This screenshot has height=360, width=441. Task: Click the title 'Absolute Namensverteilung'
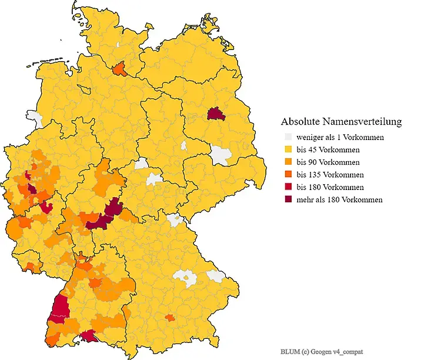pos(341,122)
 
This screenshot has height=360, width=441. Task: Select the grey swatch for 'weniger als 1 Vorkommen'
pos(288,138)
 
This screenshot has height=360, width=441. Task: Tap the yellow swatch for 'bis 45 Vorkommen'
pos(288,150)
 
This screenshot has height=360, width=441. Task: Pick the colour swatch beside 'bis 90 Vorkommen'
pos(288,162)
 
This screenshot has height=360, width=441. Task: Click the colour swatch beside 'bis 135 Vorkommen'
pos(288,175)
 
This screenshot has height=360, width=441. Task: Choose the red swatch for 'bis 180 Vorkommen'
pos(288,187)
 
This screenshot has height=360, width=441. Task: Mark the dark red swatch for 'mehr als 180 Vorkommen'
pos(288,200)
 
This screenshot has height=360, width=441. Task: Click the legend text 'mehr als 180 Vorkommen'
pos(339,200)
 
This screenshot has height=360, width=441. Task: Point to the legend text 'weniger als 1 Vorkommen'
pos(340,138)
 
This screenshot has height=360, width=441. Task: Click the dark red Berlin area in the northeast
pos(216,114)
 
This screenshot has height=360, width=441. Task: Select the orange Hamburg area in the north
pos(120,69)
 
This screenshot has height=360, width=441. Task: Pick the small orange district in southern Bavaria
pos(169,318)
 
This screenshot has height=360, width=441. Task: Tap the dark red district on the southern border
pos(90,336)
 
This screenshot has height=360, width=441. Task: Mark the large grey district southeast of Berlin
pos(220,155)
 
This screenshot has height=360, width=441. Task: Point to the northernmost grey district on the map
pos(121,45)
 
